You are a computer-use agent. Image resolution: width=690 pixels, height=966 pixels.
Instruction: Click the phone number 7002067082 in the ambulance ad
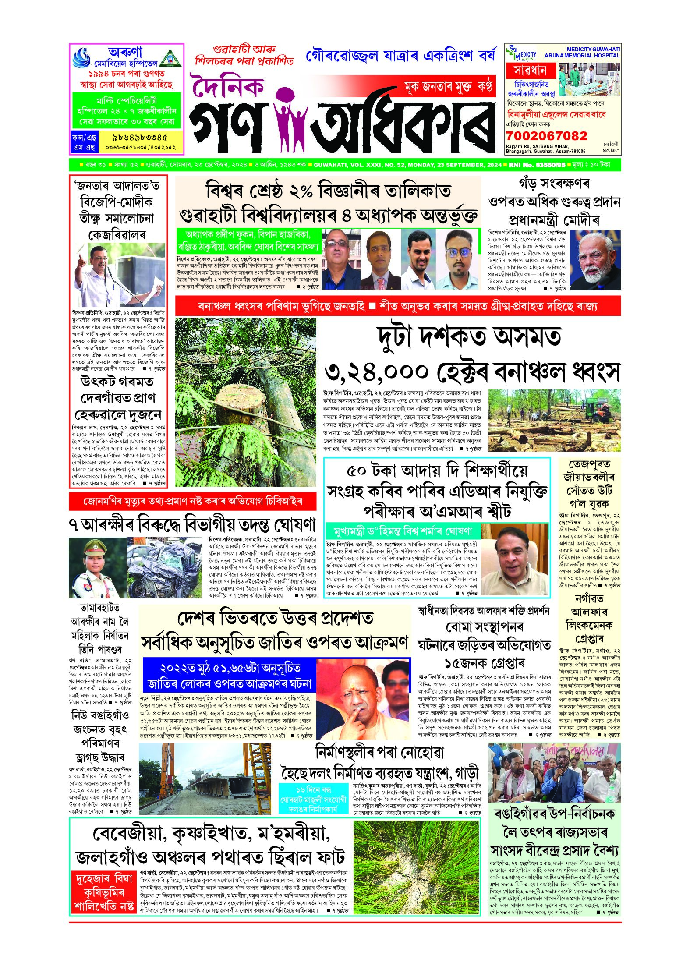pos(546,136)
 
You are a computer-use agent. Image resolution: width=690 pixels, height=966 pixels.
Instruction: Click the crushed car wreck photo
pos(166,568)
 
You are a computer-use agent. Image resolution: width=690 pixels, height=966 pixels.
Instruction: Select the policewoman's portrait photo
pos(97,568)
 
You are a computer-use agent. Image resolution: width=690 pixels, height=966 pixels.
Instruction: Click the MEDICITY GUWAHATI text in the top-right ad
pos(593,50)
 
